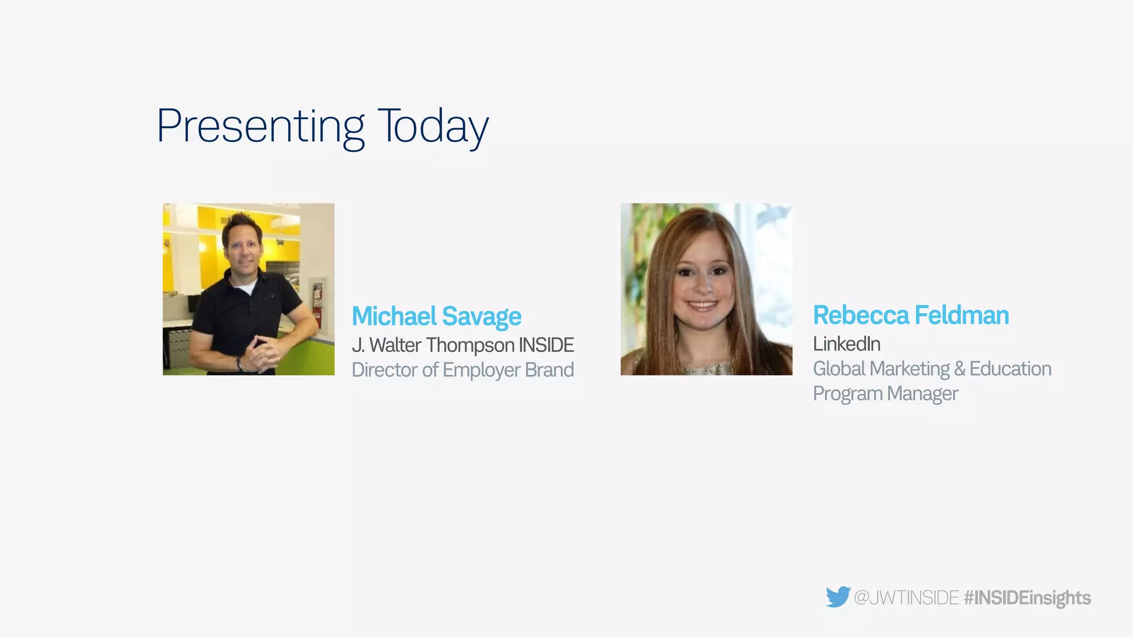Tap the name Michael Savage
pyautogui.click(x=436, y=316)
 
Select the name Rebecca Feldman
pyautogui.click(x=911, y=315)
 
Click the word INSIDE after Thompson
pyautogui.click(x=546, y=345)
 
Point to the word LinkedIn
pyautogui.click(x=846, y=344)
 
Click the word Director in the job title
pyautogui.click(x=384, y=370)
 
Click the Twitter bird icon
pyautogui.click(x=838, y=597)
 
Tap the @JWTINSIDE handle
pyautogui.click(x=906, y=598)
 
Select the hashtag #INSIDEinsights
pyautogui.click(x=1027, y=598)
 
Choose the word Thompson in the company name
pyautogui.click(x=470, y=345)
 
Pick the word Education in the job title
pyautogui.click(x=1010, y=369)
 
